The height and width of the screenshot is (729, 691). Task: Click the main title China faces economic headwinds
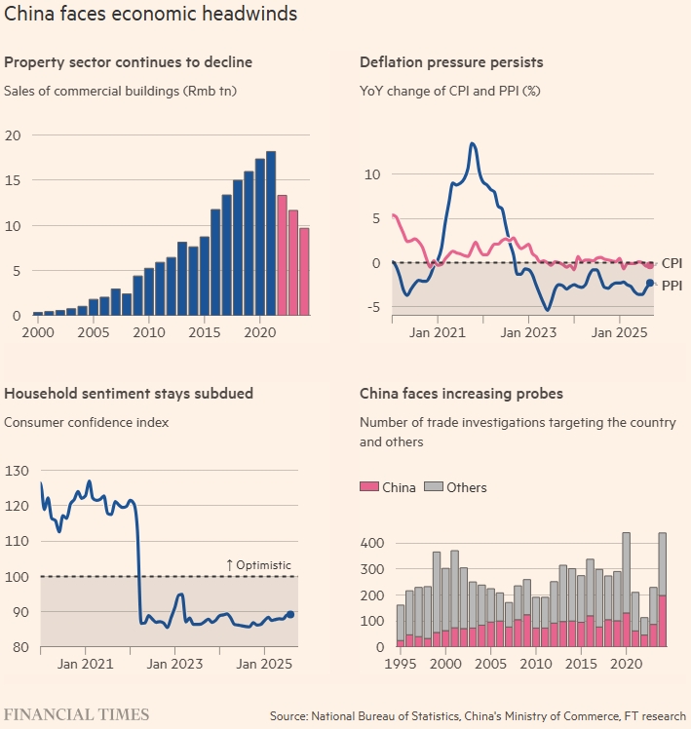point(151,16)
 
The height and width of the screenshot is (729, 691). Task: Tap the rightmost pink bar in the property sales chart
point(304,272)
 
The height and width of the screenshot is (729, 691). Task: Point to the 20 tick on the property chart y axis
point(12,135)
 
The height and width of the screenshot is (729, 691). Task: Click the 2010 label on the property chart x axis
point(148,333)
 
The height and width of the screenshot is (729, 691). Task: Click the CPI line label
point(672,263)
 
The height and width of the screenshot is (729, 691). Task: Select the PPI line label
point(672,287)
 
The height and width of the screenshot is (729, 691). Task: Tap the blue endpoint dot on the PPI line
point(650,283)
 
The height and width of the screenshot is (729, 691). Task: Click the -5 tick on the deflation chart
point(372,308)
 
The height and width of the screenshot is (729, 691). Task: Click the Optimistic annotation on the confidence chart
point(258,565)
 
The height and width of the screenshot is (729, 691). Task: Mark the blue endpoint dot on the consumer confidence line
point(290,614)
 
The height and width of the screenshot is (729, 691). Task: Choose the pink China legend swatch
point(368,487)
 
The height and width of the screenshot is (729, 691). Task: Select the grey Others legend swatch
point(435,487)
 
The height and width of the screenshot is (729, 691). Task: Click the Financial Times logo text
point(77,714)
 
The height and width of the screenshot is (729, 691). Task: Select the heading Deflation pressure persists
point(451,62)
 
